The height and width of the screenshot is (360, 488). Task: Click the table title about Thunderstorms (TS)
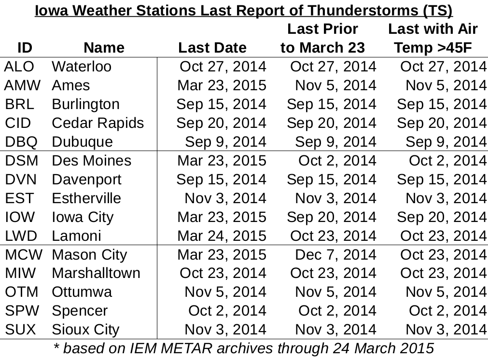(244, 11)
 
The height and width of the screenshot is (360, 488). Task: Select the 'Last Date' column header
(212, 48)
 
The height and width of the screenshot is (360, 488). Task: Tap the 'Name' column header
(104, 48)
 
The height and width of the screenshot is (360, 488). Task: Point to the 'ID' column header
(25, 48)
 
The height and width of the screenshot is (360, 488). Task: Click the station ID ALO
(19, 67)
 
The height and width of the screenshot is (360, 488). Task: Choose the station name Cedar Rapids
(98, 123)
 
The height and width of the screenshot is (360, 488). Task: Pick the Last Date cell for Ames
(222, 85)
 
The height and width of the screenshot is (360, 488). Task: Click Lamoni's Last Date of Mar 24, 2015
(222, 236)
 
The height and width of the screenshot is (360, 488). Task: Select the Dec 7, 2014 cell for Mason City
(335, 255)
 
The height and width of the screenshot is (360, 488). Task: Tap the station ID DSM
(21, 161)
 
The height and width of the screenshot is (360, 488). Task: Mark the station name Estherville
(86, 198)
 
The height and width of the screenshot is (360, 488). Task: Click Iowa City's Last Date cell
(222, 217)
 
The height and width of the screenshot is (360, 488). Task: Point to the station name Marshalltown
(96, 273)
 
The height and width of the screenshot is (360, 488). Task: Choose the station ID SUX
(21, 330)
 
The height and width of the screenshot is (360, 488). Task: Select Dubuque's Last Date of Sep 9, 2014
(225, 142)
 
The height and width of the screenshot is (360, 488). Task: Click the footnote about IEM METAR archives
(244, 348)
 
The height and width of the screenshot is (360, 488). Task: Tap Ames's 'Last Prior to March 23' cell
(335, 85)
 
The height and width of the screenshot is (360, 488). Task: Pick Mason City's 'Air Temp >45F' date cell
(444, 255)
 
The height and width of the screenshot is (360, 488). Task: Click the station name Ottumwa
(82, 292)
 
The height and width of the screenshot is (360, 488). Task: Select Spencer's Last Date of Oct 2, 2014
(227, 311)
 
